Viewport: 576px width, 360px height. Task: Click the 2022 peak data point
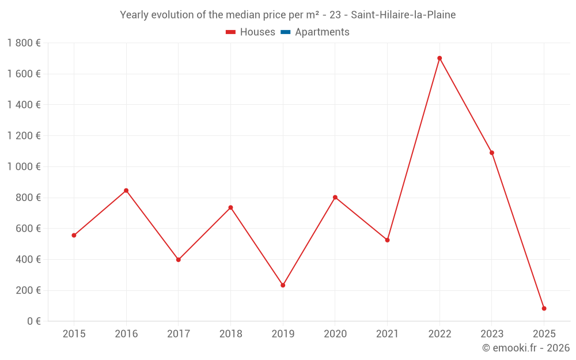[x=439, y=58]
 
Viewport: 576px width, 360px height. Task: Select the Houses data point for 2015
[x=74, y=235]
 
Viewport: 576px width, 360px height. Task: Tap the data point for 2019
[x=283, y=285]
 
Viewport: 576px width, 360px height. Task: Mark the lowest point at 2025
[x=544, y=308]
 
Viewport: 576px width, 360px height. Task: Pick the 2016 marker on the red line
[x=126, y=191]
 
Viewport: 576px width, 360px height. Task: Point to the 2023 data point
[x=492, y=153]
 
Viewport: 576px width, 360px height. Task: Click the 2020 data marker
[x=335, y=198]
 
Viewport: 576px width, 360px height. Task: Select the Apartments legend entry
[x=322, y=32]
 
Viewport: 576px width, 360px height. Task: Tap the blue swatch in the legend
[x=286, y=32]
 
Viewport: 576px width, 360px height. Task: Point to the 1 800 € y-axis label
[x=24, y=43]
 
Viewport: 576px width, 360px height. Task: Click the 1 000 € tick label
[x=24, y=166]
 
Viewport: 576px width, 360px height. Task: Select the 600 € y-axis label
[x=27, y=228]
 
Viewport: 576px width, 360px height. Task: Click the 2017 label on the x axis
[x=179, y=334]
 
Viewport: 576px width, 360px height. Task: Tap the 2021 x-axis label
[x=387, y=334]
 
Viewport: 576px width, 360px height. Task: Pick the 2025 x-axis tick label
[x=544, y=334]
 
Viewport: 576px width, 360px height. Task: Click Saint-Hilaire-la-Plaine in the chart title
[x=403, y=15]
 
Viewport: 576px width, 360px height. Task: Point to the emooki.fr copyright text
[x=526, y=348]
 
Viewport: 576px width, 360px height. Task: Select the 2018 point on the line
[x=230, y=207]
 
